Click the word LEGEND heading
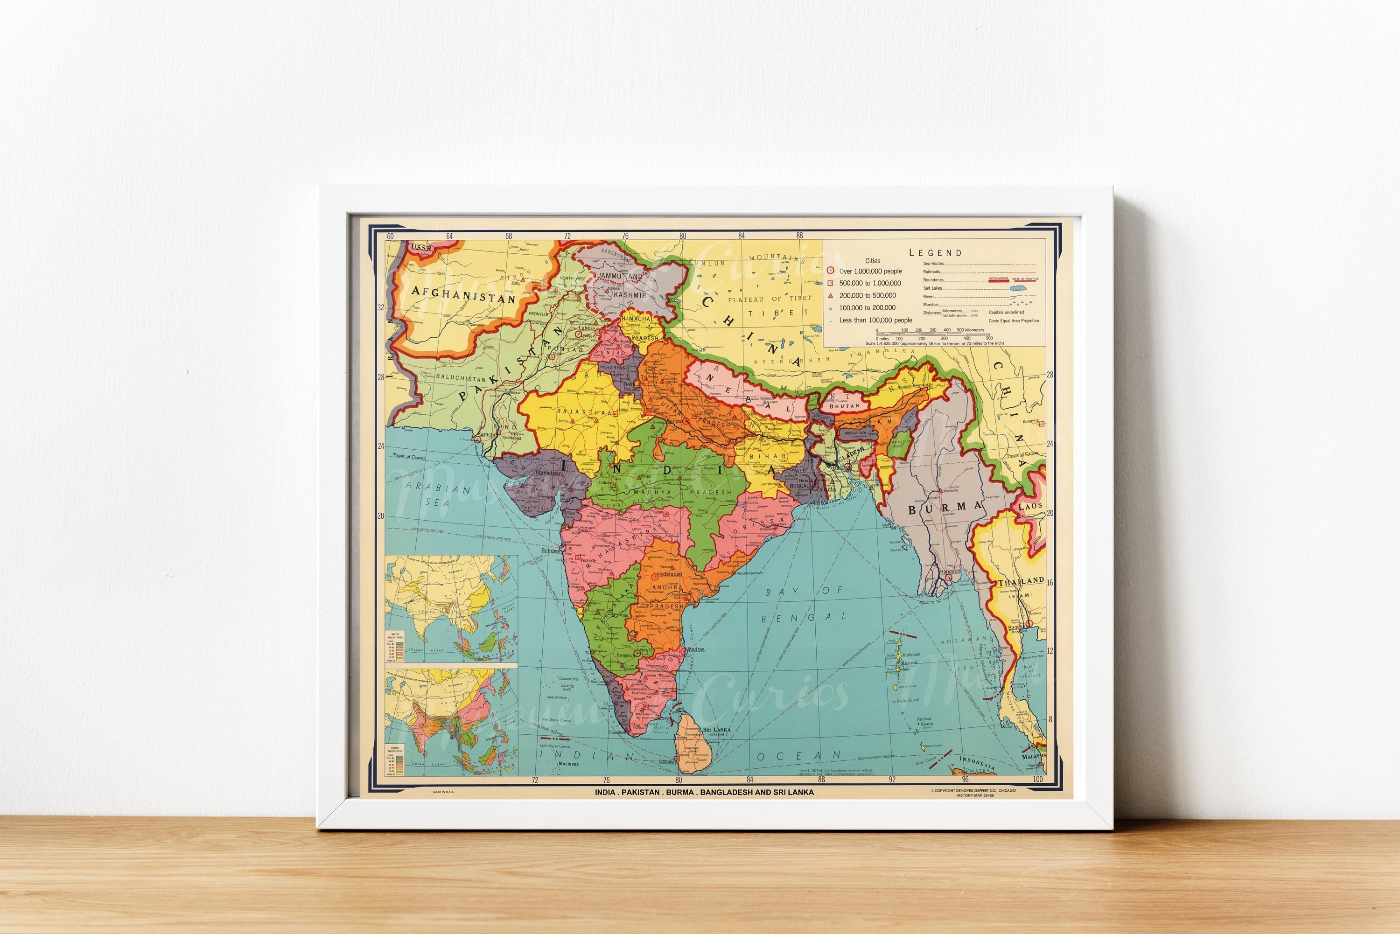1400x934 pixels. pyautogui.click(x=935, y=252)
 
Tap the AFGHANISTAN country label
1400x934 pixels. pyautogui.click(x=463, y=294)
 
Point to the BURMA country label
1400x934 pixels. pyautogui.click(x=945, y=508)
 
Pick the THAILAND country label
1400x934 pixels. pyautogui.click(x=1021, y=581)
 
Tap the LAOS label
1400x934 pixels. pyautogui.click(x=1030, y=506)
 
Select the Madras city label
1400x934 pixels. pyautogui.click(x=696, y=649)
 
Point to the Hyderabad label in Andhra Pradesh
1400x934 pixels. pyautogui.click(x=670, y=575)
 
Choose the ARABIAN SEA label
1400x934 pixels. pyautogui.click(x=438, y=495)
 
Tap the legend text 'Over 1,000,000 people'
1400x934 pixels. pyautogui.click(x=870, y=271)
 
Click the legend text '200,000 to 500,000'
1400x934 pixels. pyautogui.click(x=868, y=295)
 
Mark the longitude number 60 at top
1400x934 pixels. pyautogui.click(x=390, y=237)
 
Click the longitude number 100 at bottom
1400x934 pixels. pyautogui.click(x=1038, y=779)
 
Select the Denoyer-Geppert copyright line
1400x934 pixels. pyautogui.click(x=973, y=790)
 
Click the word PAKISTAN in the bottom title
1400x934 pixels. pyautogui.click(x=640, y=792)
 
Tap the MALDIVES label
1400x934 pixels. pyautogui.click(x=568, y=764)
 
